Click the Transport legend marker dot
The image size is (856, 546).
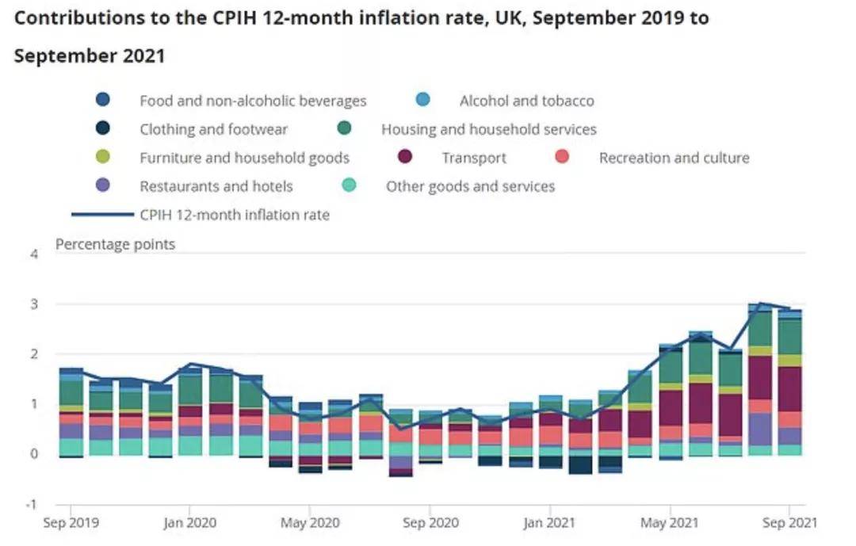pos(405,158)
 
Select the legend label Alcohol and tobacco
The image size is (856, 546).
pos(526,101)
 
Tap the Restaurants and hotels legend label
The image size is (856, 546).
pos(216,186)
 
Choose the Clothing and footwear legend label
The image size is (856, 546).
pos(213,129)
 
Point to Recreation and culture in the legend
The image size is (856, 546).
pos(674,158)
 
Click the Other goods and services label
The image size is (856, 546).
pos(470,186)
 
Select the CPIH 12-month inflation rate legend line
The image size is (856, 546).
pos(102,214)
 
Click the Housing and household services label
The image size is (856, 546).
pos(489,129)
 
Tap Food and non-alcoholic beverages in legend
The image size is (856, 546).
pos(253,101)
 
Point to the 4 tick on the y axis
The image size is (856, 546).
pos(34,254)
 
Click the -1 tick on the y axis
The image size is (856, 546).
pos(32,504)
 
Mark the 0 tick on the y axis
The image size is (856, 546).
pos(34,454)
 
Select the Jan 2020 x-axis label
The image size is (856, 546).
pos(189,523)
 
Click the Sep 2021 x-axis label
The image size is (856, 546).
pos(789,523)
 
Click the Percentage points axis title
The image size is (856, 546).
pos(115,244)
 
